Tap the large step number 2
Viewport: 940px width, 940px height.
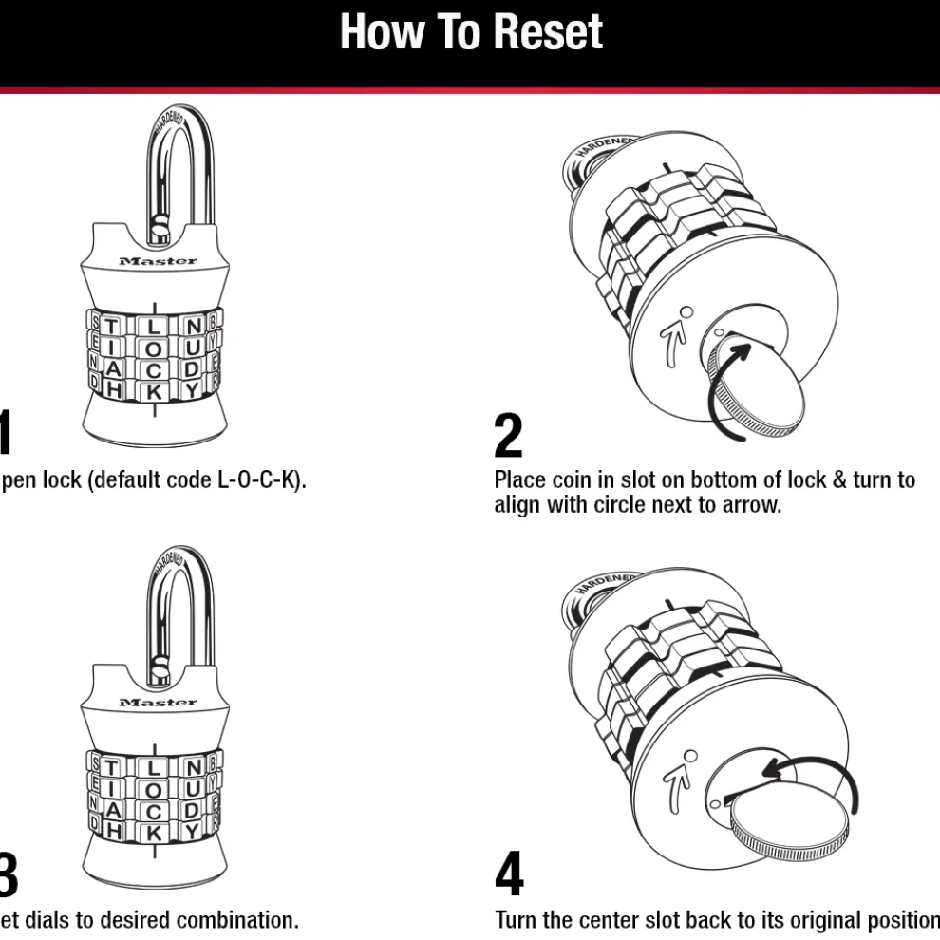tap(509, 437)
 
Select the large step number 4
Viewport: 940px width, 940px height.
tap(509, 875)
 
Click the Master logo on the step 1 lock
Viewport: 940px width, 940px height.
tap(159, 261)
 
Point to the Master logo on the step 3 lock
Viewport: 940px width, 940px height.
tap(159, 703)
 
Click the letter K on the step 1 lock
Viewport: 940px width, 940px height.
tap(155, 389)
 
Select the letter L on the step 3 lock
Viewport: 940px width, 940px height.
tap(155, 767)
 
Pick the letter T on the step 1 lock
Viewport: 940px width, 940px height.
tap(113, 326)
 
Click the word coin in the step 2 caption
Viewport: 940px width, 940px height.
tap(574, 480)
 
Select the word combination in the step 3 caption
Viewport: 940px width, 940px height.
tap(237, 920)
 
